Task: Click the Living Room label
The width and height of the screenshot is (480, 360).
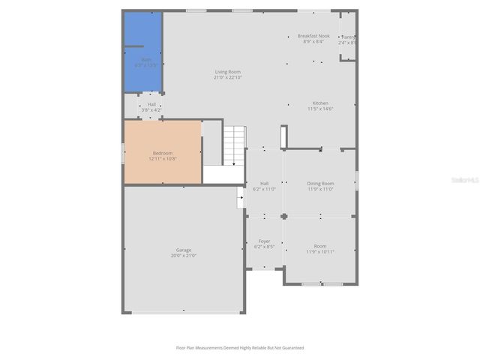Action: tap(228, 71)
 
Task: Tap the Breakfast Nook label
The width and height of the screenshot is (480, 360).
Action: tap(313, 36)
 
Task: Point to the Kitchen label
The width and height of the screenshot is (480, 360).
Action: tap(320, 103)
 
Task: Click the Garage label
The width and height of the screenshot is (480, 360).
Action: tap(184, 250)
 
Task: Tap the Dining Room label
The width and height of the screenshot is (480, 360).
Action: tap(320, 183)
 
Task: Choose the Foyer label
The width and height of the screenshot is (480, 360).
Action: tap(264, 241)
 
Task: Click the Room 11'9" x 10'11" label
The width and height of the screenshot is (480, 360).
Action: tap(320, 247)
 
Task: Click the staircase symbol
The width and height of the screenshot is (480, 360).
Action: tap(235, 145)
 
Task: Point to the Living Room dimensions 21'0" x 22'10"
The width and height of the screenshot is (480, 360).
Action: tap(228, 77)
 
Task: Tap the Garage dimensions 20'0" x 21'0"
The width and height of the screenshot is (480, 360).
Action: tap(184, 256)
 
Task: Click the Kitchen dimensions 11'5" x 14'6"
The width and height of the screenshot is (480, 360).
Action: tap(320, 109)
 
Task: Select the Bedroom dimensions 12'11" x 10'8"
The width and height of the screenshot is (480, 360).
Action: tap(162, 158)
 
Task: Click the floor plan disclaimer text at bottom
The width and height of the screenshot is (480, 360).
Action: tap(240, 348)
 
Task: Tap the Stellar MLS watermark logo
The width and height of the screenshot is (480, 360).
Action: tap(461, 180)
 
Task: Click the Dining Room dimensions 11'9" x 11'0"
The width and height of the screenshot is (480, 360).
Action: tap(320, 189)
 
